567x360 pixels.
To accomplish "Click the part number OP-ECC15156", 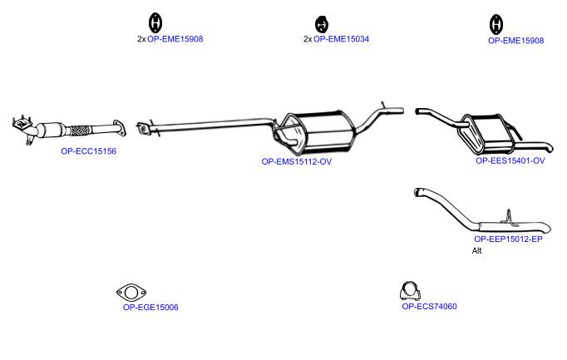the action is (89, 151).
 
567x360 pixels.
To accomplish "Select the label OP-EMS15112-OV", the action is (297, 161).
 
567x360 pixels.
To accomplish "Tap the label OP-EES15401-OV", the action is (510, 160).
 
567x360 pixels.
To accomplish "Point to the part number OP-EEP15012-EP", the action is (509, 239).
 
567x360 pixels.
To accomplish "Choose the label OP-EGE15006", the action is (150, 308).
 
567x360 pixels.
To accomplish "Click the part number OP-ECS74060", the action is (429, 307).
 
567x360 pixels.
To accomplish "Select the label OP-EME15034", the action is (342, 39).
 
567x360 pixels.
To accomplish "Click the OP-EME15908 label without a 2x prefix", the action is (516, 41).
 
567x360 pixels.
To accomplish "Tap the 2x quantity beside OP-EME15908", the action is (141, 39).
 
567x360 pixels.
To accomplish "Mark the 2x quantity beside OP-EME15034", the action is (308, 39).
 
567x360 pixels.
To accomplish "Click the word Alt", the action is (477, 250).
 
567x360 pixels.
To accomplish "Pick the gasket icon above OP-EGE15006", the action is (131, 293).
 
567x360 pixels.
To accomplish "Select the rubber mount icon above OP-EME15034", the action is (321, 24).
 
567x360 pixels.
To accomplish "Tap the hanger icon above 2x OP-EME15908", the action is (155, 22).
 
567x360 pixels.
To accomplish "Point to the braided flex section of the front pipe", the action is (80, 131).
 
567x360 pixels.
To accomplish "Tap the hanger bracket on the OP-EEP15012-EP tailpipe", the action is (509, 218).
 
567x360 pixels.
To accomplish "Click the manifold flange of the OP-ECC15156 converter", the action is (22, 124).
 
